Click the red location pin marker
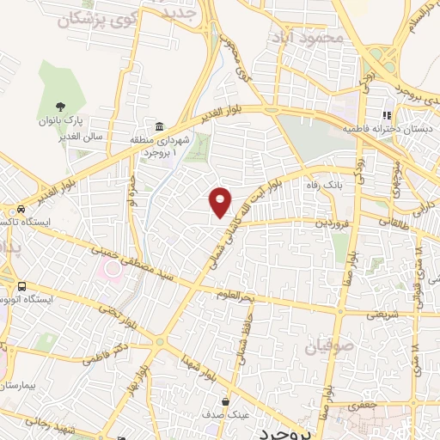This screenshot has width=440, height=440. pyautogui.click(x=221, y=201)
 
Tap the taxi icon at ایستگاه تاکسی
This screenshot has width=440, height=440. pyautogui.click(x=19, y=210)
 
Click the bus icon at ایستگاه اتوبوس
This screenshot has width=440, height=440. pyautogui.click(x=21, y=287)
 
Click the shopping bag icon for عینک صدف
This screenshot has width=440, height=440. pyautogui.click(x=225, y=401)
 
